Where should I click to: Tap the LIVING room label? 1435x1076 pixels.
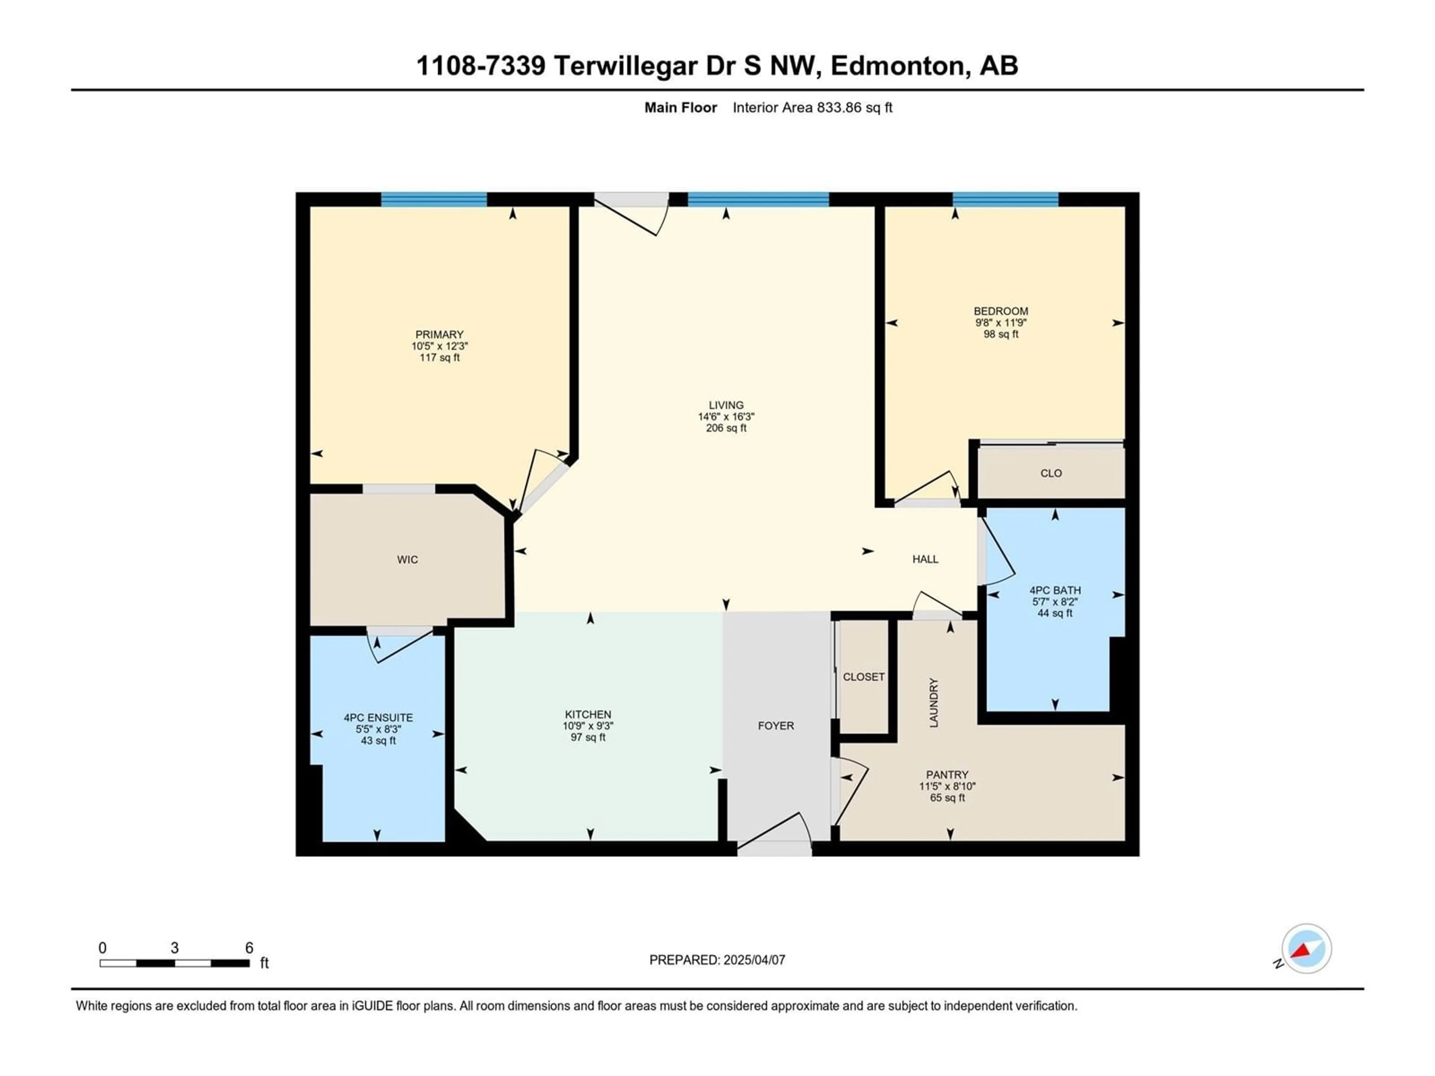(726, 405)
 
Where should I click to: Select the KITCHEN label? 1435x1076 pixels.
(588, 714)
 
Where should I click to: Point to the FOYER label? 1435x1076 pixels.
(776, 726)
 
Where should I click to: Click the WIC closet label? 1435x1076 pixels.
(407, 560)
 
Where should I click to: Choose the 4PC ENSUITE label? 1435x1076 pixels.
(378, 717)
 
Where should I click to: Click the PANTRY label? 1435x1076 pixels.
(947, 774)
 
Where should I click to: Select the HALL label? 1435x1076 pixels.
(925, 559)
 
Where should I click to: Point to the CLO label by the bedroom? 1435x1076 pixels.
(1051, 473)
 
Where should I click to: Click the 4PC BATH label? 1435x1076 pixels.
(1055, 590)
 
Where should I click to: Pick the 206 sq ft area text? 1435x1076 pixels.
(726, 428)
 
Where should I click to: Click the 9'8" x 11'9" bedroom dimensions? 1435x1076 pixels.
(1001, 322)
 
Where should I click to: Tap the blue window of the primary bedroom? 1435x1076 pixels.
(433, 199)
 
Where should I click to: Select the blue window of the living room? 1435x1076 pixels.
(758, 199)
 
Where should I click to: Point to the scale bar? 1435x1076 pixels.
(175, 963)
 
